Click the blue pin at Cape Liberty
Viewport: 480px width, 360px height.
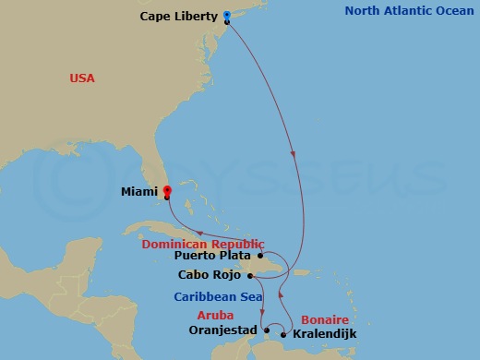(x=227, y=15)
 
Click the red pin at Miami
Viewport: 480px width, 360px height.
(x=167, y=192)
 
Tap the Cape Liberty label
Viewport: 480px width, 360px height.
(x=179, y=17)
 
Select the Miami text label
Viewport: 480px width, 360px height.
(x=139, y=193)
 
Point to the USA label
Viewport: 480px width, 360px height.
(x=82, y=78)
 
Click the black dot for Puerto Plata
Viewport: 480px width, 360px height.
(x=261, y=256)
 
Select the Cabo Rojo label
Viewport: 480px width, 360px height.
(x=212, y=274)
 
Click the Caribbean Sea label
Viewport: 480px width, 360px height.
(x=214, y=296)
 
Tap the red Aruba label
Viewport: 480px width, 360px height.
(x=215, y=315)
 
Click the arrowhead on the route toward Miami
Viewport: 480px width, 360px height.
(x=201, y=232)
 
